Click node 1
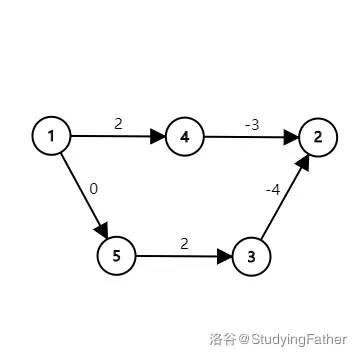[x=51, y=136]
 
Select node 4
[x=185, y=137]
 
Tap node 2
[x=318, y=137]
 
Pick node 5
[x=117, y=256]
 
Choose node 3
[x=251, y=257]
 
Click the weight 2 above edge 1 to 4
[x=118, y=124]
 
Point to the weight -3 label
[x=252, y=125]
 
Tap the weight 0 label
[x=94, y=189]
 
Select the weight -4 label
[x=273, y=191]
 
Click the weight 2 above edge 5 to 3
[x=184, y=244]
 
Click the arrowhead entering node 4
[x=158, y=136]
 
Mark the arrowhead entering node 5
[x=102, y=230]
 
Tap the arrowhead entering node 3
[x=224, y=256]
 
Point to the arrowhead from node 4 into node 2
[x=291, y=137]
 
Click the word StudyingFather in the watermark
[x=299, y=340]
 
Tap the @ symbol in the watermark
[x=244, y=340]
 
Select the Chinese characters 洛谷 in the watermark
[x=223, y=340]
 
